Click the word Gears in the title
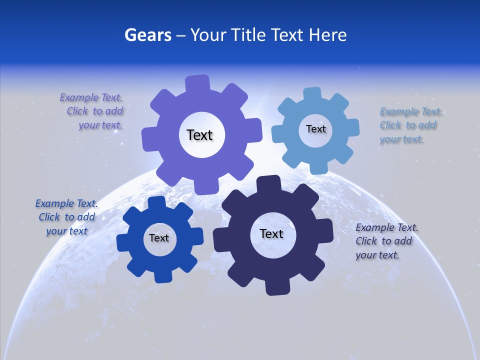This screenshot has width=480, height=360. pos(147,35)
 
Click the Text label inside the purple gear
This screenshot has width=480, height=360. pos(199,135)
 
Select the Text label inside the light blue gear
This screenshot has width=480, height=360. pos(315,129)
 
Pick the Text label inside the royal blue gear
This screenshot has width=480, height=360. pos(159,238)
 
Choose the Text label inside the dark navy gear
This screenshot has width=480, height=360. pos(271,233)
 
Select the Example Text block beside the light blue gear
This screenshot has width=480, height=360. pos(408,125)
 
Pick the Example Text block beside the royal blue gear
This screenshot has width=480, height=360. pos(66,217)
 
